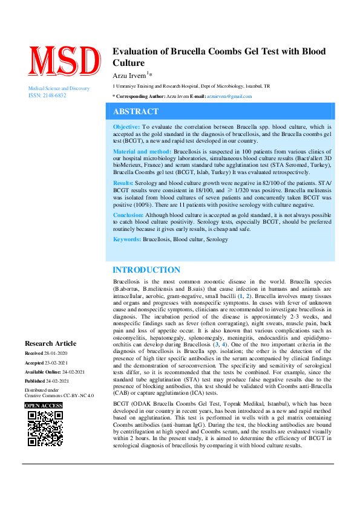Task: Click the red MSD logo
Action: click(x=63, y=61)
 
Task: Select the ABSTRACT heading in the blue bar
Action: click(x=136, y=112)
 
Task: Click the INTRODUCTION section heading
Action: click(x=146, y=270)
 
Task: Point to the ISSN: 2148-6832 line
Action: click(x=47, y=96)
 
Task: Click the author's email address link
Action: click(x=229, y=96)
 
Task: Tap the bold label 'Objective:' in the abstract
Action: click(x=126, y=127)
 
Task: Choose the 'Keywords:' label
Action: click(x=127, y=239)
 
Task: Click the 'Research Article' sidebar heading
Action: click(x=51, y=343)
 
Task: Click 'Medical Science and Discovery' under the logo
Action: click(x=59, y=89)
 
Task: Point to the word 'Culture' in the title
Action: click(x=129, y=63)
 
